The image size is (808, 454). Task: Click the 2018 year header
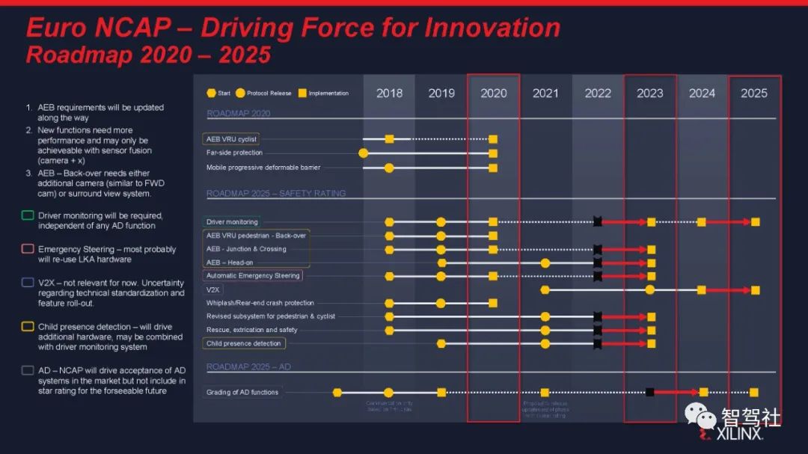click(x=389, y=93)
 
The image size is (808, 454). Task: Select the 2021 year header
click(x=545, y=93)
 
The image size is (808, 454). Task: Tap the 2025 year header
click(x=754, y=93)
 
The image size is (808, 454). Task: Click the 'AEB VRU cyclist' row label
click(x=231, y=139)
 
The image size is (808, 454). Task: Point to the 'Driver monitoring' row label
click(x=232, y=222)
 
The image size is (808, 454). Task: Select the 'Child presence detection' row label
click(x=244, y=343)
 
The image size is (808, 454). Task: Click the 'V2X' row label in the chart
click(x=213, y=289)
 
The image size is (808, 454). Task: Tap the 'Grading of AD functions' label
click(x=242, y=392)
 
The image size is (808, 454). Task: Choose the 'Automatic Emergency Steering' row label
click(x=253, y=276)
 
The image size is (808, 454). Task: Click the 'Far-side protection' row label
click(x=235, y=153)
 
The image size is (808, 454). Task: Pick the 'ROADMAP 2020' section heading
click(x=239, y=114)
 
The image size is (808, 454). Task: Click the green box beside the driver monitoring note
click(x=28, y=216)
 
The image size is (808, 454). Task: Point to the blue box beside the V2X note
click(x=28, y=283)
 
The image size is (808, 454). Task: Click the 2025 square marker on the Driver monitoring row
click(x=755, y=222)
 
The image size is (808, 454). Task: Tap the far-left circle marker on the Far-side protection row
click(x=364, y=153)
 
